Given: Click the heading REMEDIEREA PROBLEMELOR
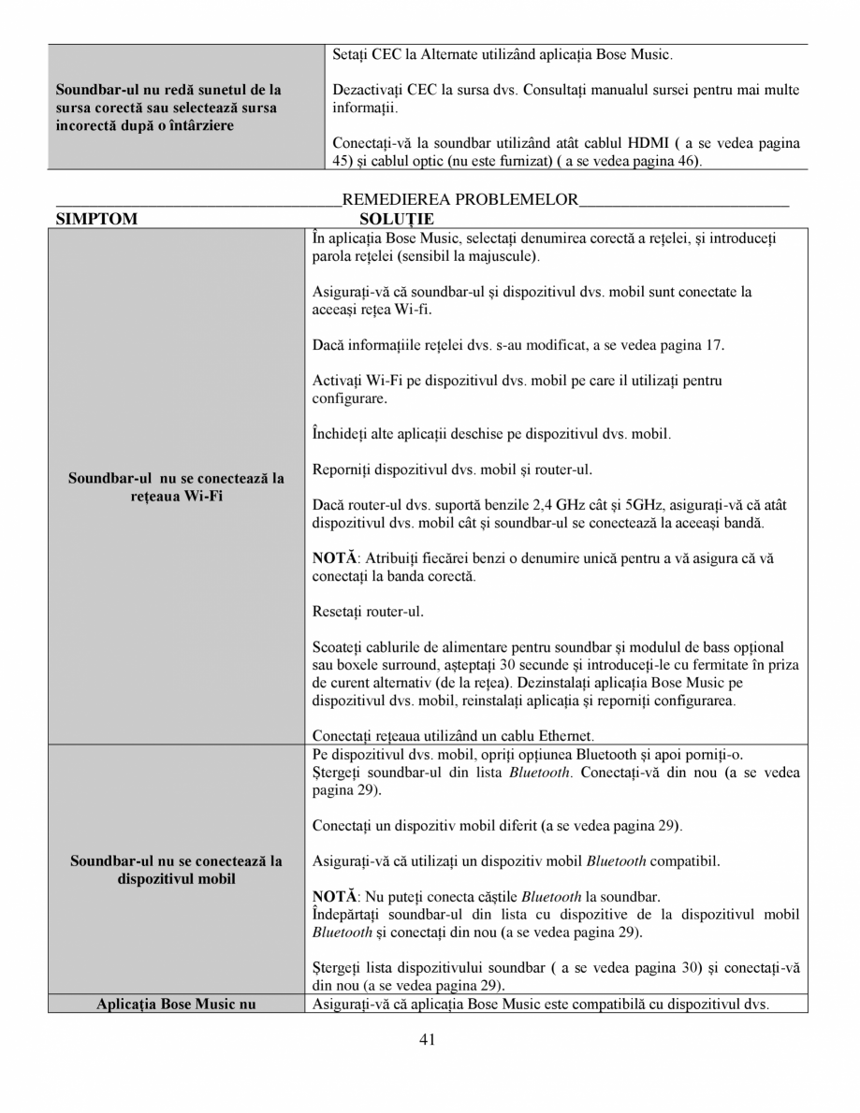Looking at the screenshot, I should pos(460,199).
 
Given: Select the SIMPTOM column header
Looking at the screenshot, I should pos(96,219).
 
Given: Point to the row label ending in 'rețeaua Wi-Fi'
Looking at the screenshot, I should pos(177,496).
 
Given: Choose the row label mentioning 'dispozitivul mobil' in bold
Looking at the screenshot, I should pos(177,878).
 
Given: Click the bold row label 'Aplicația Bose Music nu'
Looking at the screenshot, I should pos(177,1005).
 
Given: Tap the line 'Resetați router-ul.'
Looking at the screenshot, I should pos(368,612).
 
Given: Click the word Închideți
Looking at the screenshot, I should pos(342,434).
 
